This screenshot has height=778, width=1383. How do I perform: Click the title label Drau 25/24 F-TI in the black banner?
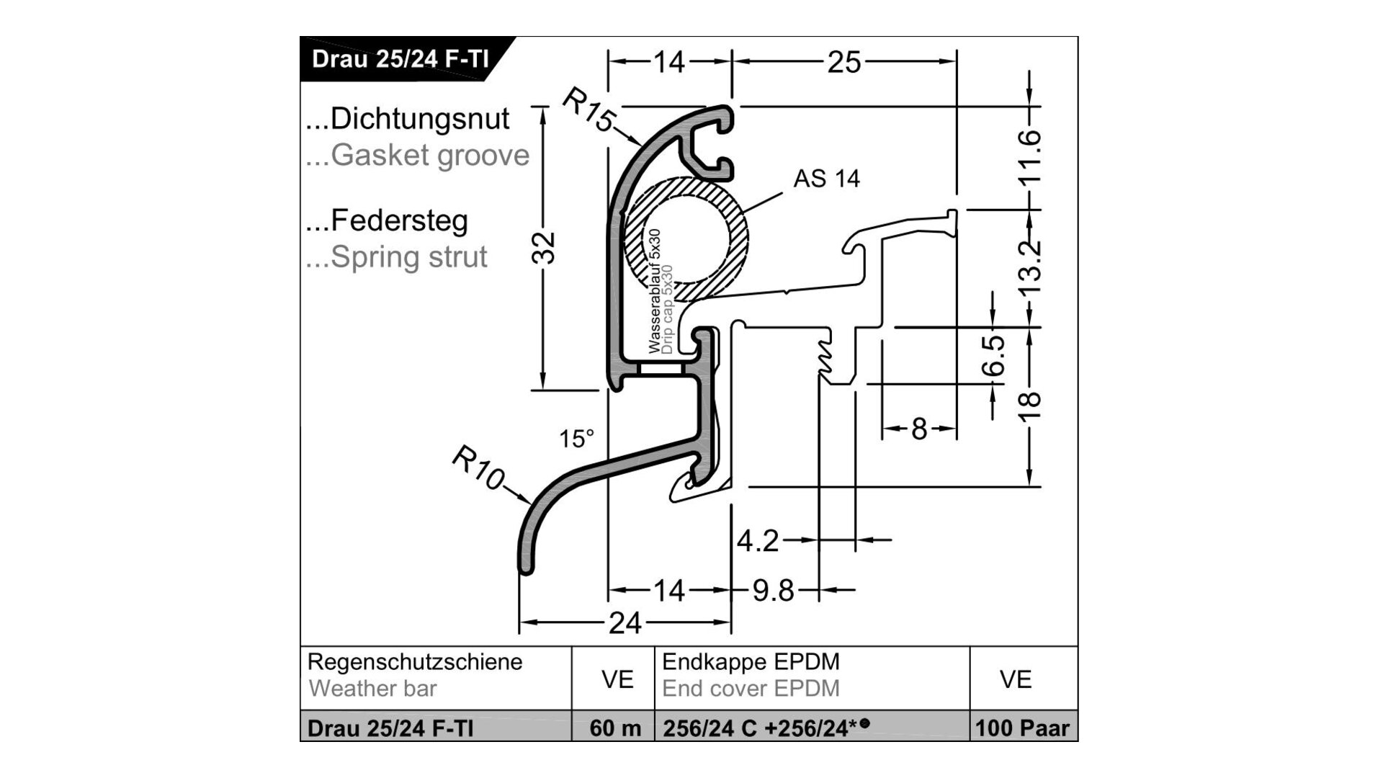[400, 58]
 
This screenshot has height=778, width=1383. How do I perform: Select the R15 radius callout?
[587, 110]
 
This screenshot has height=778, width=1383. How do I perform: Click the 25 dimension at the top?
[843, 63]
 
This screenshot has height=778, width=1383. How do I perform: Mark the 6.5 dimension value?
[995, 356]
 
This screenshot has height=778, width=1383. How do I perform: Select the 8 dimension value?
[918, 429]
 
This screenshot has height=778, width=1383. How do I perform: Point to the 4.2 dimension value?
[758, 540]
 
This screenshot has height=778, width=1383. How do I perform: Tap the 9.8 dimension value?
[773, 591]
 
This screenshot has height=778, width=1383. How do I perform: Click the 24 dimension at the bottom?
[625, 623]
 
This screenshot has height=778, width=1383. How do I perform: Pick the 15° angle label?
[577, 439]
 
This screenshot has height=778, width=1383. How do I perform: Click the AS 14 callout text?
[826, 179]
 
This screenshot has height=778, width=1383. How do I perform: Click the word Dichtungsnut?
[419, 119]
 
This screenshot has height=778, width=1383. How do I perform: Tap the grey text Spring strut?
[408, 257]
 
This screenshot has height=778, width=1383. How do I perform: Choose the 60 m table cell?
[614, 728]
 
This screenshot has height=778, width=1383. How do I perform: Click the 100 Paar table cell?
[1022, 728]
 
